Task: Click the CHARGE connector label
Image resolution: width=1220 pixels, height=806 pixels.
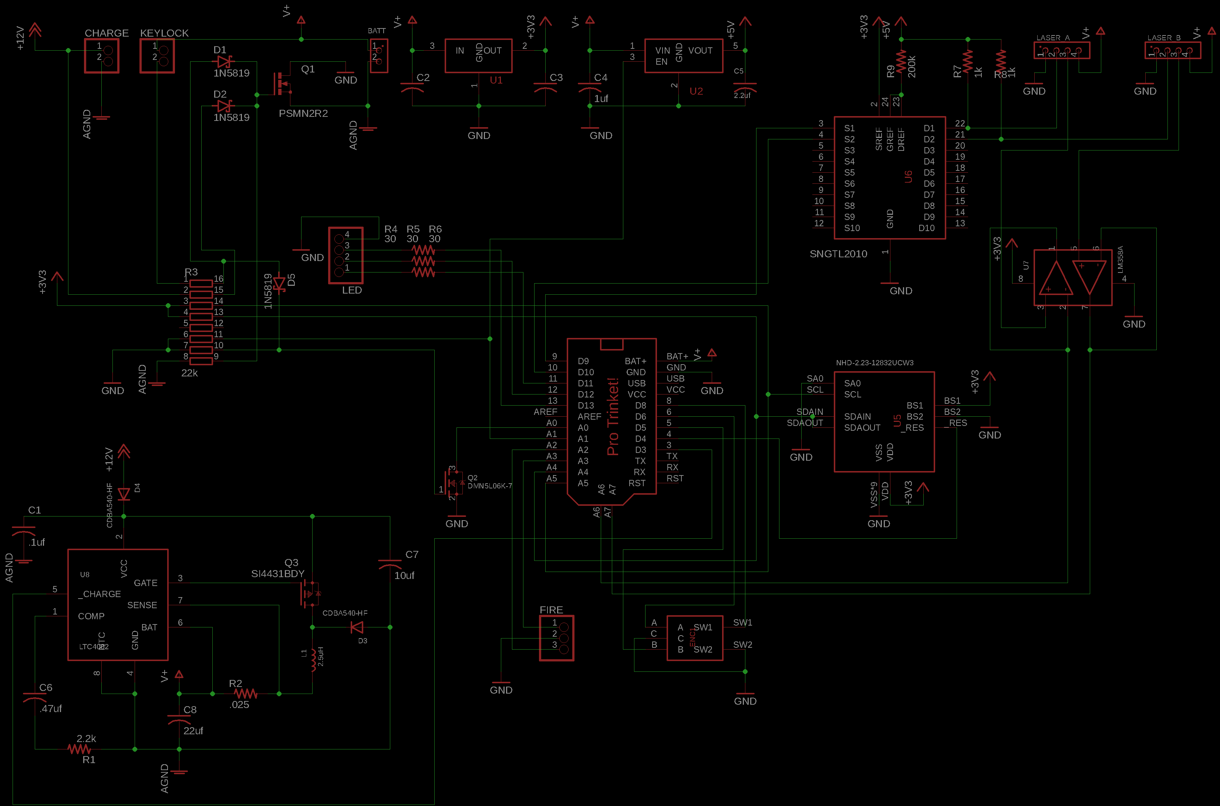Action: (107, 33)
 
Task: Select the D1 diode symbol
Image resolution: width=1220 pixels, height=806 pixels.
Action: (223, 62)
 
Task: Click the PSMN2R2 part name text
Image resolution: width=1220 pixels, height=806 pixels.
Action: (303, 113)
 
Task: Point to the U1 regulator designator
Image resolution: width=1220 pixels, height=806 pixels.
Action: (496, 80)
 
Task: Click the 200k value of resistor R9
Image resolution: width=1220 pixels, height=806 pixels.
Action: (912, 67)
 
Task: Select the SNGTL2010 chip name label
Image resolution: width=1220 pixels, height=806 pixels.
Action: (838, 254)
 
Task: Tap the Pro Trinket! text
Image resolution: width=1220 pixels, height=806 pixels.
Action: (612, 416)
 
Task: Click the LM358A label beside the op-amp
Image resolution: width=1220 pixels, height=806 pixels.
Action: (1120, 260)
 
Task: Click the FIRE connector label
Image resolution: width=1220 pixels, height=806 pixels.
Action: (551, 610)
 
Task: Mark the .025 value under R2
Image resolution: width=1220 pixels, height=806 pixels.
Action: (239, 705)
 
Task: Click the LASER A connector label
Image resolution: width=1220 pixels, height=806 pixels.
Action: (1052, 37)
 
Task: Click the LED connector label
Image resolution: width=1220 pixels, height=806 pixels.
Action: (352, 290)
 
